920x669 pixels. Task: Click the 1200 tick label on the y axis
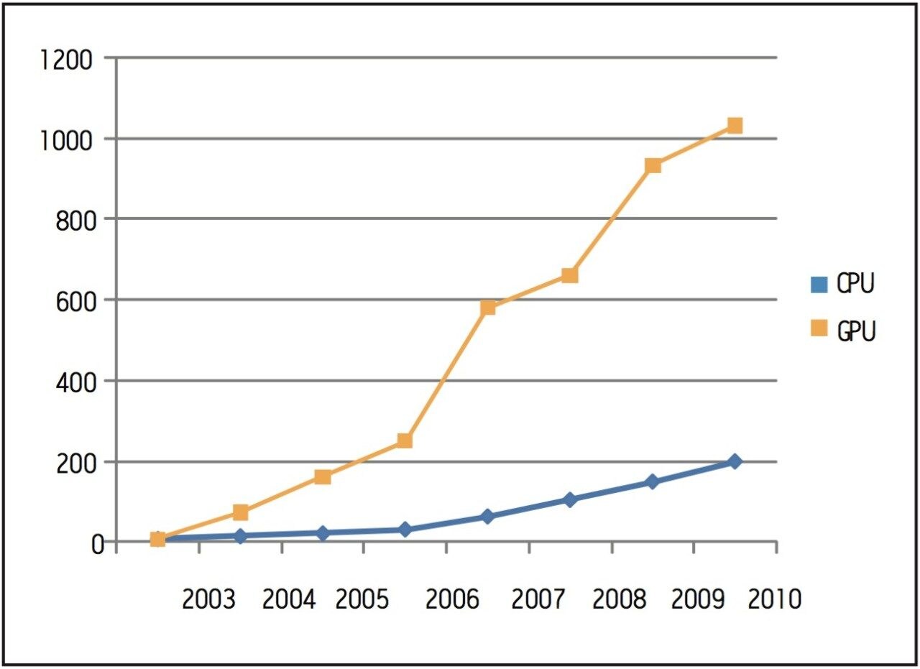point(66,60)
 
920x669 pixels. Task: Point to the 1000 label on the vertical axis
point(66,139)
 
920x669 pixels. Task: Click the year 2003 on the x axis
point(208,599)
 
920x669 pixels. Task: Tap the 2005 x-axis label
point(363,599)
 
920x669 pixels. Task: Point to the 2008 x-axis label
point(620,599)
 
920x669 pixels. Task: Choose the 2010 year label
point(774,599)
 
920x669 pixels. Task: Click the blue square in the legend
point(818,285)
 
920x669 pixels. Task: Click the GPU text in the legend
point(855,331)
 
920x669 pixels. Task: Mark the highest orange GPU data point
point(735,126)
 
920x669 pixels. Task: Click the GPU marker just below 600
point(488,308)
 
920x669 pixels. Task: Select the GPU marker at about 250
point(405,440)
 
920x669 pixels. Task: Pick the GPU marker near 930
point(653,166)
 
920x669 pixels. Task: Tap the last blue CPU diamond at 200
point(735,461)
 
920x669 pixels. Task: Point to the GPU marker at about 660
point(570,275)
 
